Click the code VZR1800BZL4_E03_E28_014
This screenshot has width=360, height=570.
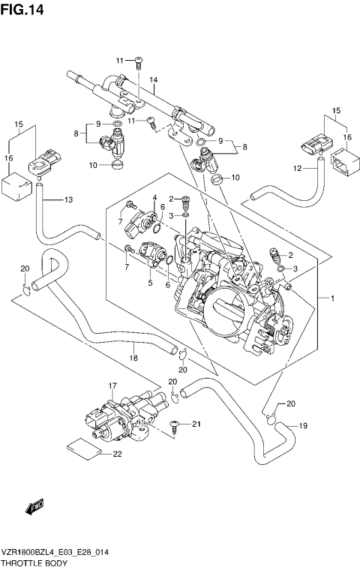(56, 551)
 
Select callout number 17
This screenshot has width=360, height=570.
(114, 386)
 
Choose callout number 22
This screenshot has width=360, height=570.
(117, 454)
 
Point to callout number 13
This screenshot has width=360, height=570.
(68, 199)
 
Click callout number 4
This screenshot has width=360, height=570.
(154, 198)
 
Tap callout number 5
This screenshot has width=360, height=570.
(149, 283)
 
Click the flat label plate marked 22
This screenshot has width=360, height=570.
(83, 448)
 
